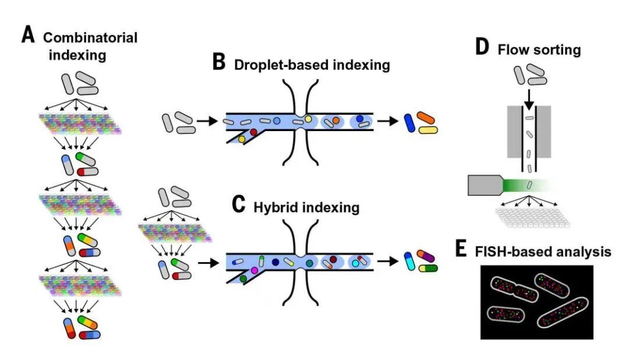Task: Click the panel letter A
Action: (x=29, y=36)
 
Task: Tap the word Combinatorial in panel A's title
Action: (x=91, y=38)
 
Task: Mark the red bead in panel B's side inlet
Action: (x=253, y=132)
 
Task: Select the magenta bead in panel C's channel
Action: (x=253, y=271)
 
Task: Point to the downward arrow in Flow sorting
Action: (x=528, y=97)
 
